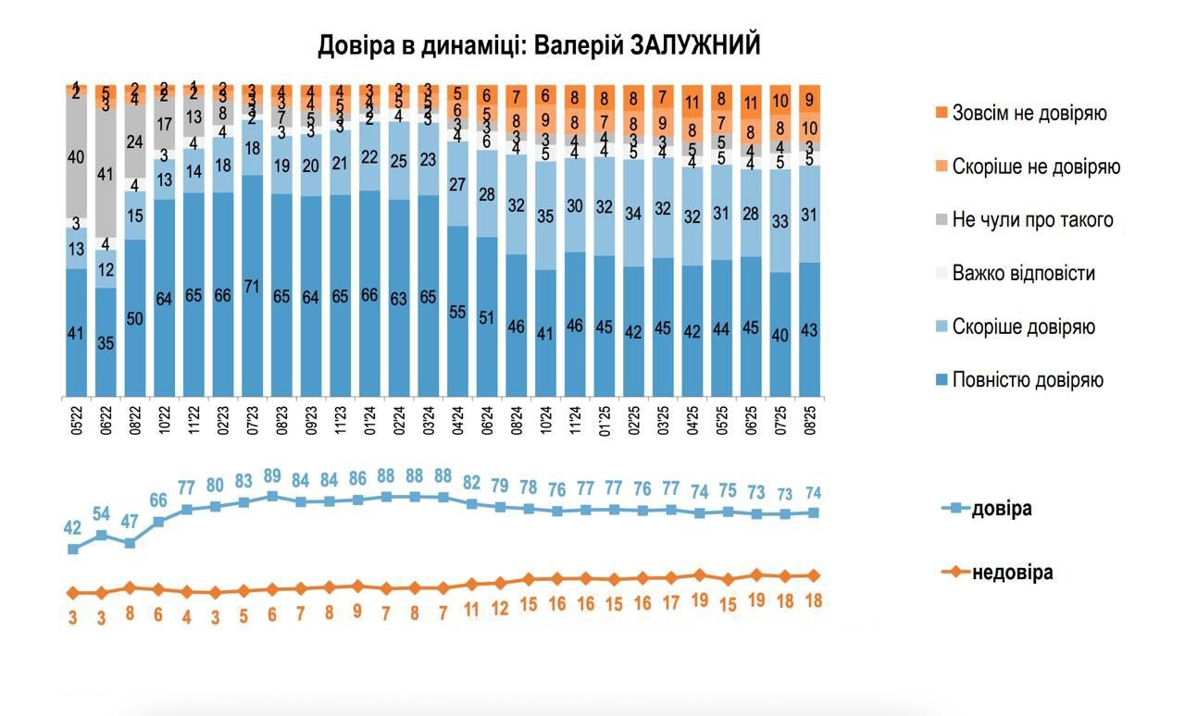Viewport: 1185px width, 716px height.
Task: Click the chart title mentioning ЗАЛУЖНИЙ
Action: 539,45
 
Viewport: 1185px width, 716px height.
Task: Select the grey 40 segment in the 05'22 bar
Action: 77,157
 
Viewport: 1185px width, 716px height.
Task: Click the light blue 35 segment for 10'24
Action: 546,217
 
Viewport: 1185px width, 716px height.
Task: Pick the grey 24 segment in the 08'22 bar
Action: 135,142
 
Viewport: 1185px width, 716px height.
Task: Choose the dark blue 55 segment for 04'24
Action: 457,313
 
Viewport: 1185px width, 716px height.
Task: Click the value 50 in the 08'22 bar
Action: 135,319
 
